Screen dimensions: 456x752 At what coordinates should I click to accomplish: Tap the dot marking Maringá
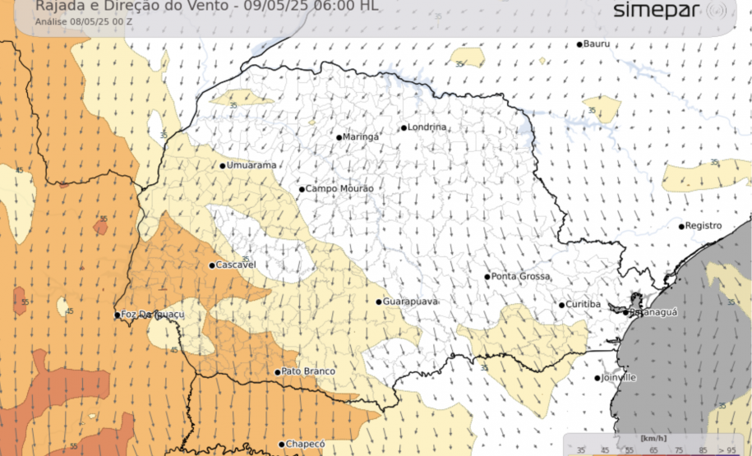pyautogui.click(x=339, y=137)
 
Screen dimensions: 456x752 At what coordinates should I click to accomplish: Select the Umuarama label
pyautogui.click(x=251, y=165)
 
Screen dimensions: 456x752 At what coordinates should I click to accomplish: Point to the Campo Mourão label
pyautogui.click(x=339, y=189)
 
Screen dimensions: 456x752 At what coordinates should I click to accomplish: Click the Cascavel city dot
pyautogui.click(x=212, y=265)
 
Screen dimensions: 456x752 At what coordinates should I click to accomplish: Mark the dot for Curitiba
pyautogui.click(x=562, y=305)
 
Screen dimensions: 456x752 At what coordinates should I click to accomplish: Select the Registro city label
pyautogui.click(x=704, y=226)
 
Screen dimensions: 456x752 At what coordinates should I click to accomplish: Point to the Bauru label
pyautogui.click(x=597, y=44)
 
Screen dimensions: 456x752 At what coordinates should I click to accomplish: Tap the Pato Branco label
pyautogui.click(x=308, y=372)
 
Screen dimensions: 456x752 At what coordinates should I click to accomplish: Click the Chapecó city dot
pyautogui.click(x=280, y=444)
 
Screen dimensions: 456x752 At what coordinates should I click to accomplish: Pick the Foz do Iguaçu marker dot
pyautogui.click(x=117, y=315)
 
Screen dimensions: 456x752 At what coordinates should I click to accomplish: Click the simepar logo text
pyautogui.click(x=657, y=11)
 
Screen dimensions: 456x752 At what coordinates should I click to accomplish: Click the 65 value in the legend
pyautogui.click(x=653, y=449)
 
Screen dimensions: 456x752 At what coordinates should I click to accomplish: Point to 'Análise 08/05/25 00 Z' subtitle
pyautogui.click(x=80, y=21)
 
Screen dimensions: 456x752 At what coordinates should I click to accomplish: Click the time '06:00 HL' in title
pyautogui.click(x=348, y=6)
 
